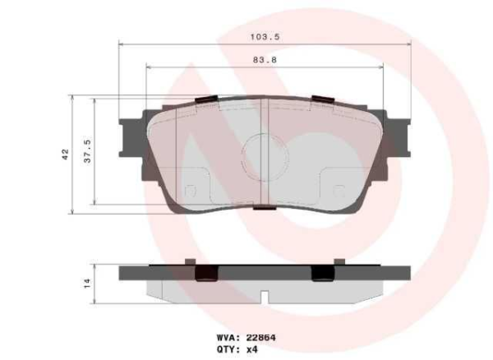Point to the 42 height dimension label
65,154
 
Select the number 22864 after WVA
261,336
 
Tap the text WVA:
228,336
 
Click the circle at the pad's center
265,155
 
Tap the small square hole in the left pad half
191,192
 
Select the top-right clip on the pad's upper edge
324,101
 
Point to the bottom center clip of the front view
265,208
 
